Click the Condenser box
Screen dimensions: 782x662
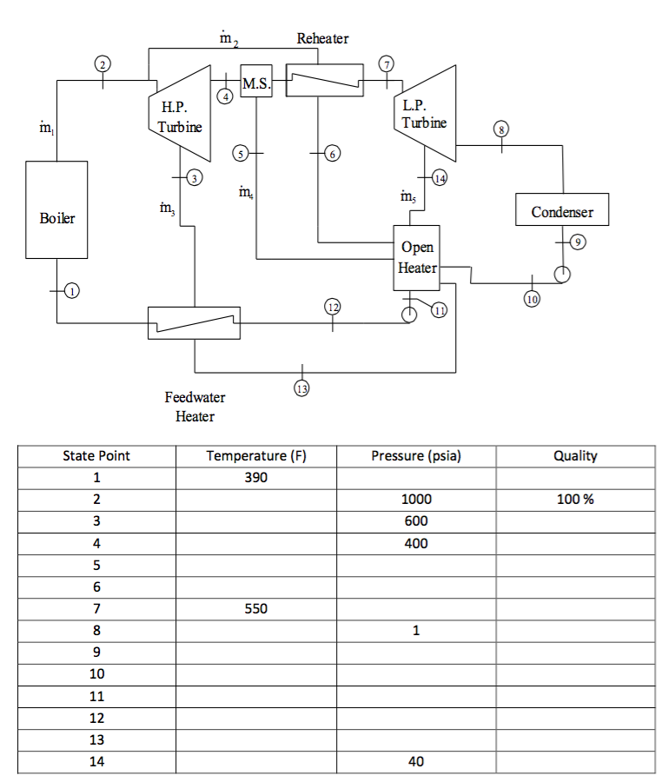tap(561, 211)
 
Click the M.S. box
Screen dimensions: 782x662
tap(255, 83)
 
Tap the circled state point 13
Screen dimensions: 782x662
tap(302, 388)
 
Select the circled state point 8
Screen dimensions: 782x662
tap(500, 130)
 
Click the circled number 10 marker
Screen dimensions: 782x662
tap(532, 300)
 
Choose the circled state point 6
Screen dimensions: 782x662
tap(330, 154)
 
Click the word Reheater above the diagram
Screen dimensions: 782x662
tap(322, 38)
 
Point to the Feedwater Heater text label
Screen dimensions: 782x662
tap(195, 407)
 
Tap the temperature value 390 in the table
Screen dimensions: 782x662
tap(256, 478)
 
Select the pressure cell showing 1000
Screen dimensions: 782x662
tap(416, 500)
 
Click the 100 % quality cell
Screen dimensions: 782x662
tap(575, 500)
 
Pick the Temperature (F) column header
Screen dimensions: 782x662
tap(256, 456)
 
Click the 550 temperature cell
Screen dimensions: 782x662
tap(256, 609)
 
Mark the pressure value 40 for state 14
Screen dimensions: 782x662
tap(416, 762)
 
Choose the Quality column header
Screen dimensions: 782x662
tap(575, 456)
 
